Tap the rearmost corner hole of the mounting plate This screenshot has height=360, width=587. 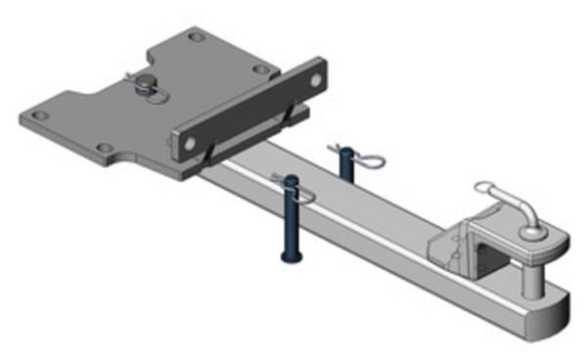click(197, 37)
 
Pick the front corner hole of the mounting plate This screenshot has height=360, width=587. click(101, 150)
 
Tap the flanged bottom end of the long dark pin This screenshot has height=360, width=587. click(290, 256)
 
